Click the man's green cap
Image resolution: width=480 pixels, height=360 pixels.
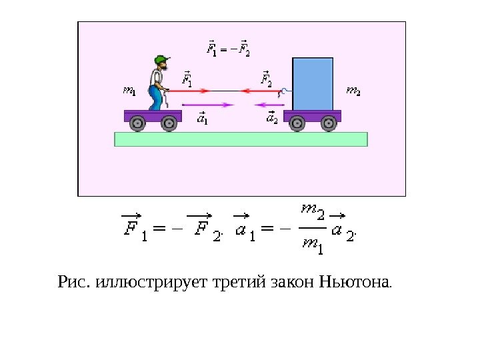point(160,59)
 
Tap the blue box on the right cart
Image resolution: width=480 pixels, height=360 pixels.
point(313,83)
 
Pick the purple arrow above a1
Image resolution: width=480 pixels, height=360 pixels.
point(208,105)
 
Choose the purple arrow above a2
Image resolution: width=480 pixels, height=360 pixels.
point(269,105)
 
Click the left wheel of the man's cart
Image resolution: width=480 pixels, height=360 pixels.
point(137,123)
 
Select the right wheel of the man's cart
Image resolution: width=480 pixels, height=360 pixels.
point(169,123)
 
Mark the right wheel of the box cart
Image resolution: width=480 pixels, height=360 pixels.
point(329,123)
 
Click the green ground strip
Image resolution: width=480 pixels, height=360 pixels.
point(241,139)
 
